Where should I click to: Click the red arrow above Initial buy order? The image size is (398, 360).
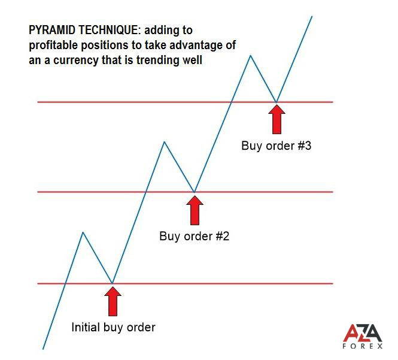click(x=113, y=301)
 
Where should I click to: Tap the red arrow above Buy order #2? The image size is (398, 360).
click(x=195, y=210)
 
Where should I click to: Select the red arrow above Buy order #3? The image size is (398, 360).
click(x=277, y=119)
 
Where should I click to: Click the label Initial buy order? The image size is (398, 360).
click(x=114, y=328)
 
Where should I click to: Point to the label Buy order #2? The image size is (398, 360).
click(x=194, y=236)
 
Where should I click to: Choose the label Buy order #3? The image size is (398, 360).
click(x=276, y=146)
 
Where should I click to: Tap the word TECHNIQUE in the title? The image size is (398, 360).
click(x=110, y=30)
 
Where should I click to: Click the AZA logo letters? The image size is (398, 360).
click(x=363, y=333)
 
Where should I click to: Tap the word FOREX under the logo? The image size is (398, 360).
click(x=363, y=346)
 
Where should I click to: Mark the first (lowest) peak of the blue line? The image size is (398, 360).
click(x=83, y=232)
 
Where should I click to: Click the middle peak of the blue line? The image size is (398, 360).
click(x=165, y=141)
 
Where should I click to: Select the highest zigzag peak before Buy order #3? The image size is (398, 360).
click(x=251, y=55)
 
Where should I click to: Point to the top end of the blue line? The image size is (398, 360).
click(x=312, y=16)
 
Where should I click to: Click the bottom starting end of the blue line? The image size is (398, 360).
click(x=43, y=349)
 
